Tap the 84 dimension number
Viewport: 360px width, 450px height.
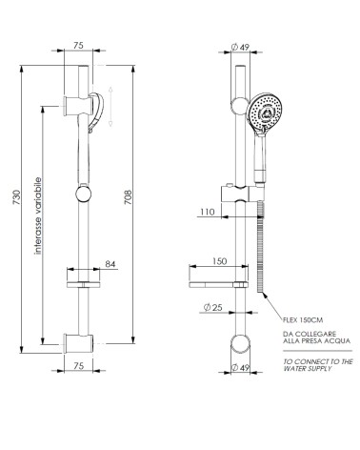click(x=110, y=263)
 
